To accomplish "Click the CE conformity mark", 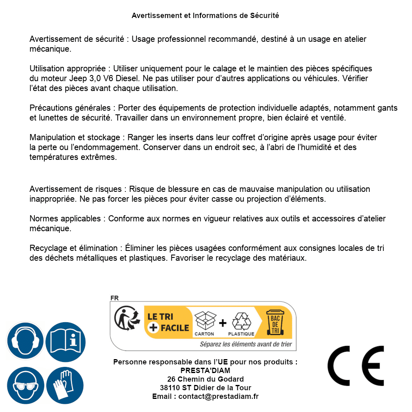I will (356, 366).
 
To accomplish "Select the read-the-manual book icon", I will (66, 341).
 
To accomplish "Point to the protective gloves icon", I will (66, 385).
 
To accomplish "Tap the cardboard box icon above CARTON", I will (205, 321).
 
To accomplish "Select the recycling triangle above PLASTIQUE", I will (241, 321).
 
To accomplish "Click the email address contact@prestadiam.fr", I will (219, 396).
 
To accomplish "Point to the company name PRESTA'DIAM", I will (205, 371).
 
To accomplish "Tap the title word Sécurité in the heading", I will (264, 16).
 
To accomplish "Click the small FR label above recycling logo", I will (114, 298).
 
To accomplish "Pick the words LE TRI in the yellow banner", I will (161, 317).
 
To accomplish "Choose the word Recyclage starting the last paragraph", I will (47, 248).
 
